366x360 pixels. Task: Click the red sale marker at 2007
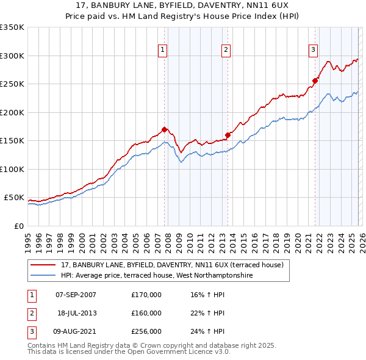pyautogui.click(x=164, y=129)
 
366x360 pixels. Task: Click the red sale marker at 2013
pyautogui.click(x=228, y=135)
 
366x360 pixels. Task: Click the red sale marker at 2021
pyautogui.click(x=315, y=81)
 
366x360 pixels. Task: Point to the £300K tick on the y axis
pyautogui.click(x=12, y=56)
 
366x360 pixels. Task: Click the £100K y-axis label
pyautogui.click(x=12, y=169)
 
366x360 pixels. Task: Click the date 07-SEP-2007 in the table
pyautogui.click(x=76, y=295)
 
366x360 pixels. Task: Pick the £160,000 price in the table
pyautogui.click(x=146, y=313)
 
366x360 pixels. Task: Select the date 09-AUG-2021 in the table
pyautogui.click(x=76, y=331)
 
